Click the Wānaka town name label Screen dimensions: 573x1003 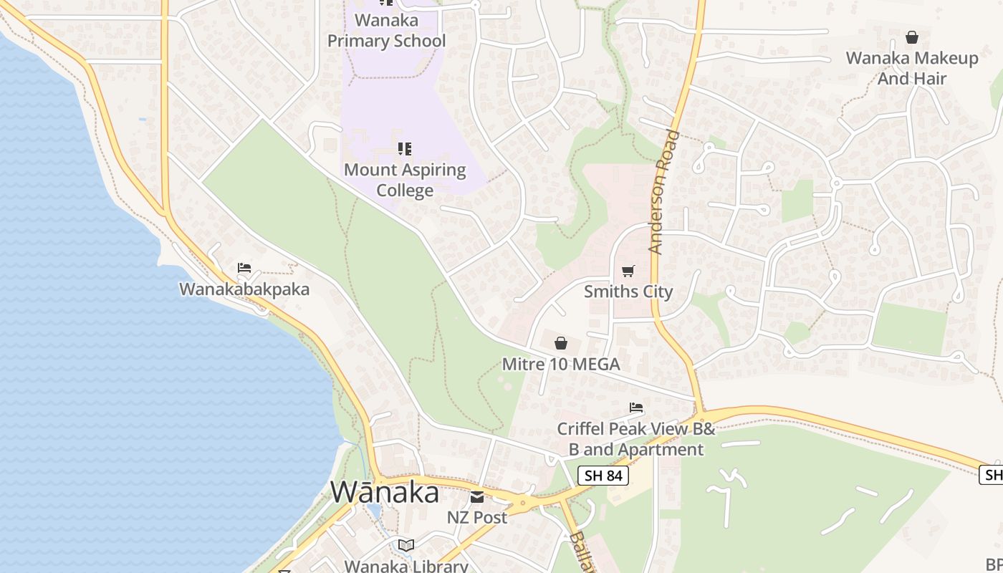pos(385,492)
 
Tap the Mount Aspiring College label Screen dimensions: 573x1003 pos(405,180)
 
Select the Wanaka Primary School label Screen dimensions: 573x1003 pos(386,31)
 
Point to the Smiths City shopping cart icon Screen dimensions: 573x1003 pos(628,271)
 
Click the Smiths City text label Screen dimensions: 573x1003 pos(628,292)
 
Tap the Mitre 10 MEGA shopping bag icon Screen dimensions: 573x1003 pos(561,343)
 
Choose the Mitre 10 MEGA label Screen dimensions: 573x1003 pos(561,364)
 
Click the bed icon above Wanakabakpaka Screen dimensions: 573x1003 pos(244,268)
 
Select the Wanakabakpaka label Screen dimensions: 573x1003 pos(244,289)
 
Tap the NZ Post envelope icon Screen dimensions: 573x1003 pos(477,496)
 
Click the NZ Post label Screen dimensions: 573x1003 pos(477,517)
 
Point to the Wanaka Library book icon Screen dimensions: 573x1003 pos(406,546)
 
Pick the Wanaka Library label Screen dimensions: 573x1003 pos(406,566)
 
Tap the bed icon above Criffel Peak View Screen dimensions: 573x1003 pos(636,408)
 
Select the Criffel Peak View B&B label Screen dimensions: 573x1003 pos(636,439)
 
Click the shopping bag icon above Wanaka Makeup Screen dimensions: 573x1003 pos(912,37)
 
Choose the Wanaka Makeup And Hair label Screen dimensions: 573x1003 pos(912,68)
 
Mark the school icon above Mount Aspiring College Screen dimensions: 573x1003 pos(405,149)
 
